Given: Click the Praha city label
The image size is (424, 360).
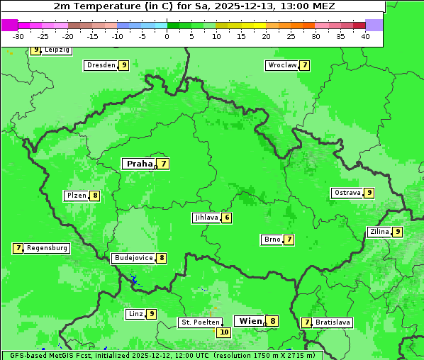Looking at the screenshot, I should coord(139,164).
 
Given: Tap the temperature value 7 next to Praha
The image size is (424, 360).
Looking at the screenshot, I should coord(164,164).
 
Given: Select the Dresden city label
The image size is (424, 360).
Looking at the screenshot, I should coord(101,65).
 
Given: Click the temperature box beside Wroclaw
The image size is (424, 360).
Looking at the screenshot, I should coord(305,65).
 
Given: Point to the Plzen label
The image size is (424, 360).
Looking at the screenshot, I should coord(76,196).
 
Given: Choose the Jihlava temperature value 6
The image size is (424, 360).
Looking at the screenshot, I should coord(227,218).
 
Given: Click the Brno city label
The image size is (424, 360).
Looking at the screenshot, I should coord(272,240).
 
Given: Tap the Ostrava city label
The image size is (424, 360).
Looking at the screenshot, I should coord(347,193).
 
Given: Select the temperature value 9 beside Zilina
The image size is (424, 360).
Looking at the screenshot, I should coord(398,232).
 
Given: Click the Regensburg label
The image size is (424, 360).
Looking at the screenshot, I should coord(48,248).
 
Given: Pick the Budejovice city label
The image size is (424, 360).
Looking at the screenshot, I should coord(133,258).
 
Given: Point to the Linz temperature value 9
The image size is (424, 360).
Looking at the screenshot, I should coord(152,314).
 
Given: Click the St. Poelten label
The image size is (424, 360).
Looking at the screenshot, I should coord(200,322).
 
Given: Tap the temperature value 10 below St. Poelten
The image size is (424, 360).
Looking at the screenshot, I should coord(224,332).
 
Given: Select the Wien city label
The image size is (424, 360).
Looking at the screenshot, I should coord(250,321).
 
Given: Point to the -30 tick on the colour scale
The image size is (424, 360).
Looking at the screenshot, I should coord(18,36).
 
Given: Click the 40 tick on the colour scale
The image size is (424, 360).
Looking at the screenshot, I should coord(365,36).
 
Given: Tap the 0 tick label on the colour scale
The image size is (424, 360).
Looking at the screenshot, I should coord(167,36).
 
